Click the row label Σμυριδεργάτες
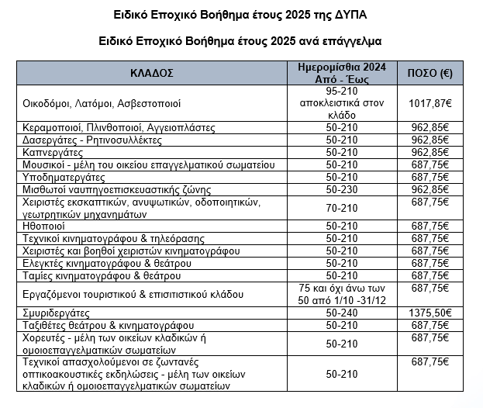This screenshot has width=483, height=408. coord(56,313)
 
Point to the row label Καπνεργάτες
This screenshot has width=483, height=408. coord(53,152)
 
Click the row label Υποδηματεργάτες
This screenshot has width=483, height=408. coord(64,177)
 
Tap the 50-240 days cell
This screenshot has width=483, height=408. coord(342,313)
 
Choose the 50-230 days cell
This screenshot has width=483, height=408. coord(342,189)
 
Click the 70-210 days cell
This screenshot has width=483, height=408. coord(342,208)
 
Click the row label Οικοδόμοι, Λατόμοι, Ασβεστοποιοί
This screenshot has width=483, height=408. coord(102,102)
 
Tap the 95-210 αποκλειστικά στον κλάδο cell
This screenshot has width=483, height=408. coord(342,102)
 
